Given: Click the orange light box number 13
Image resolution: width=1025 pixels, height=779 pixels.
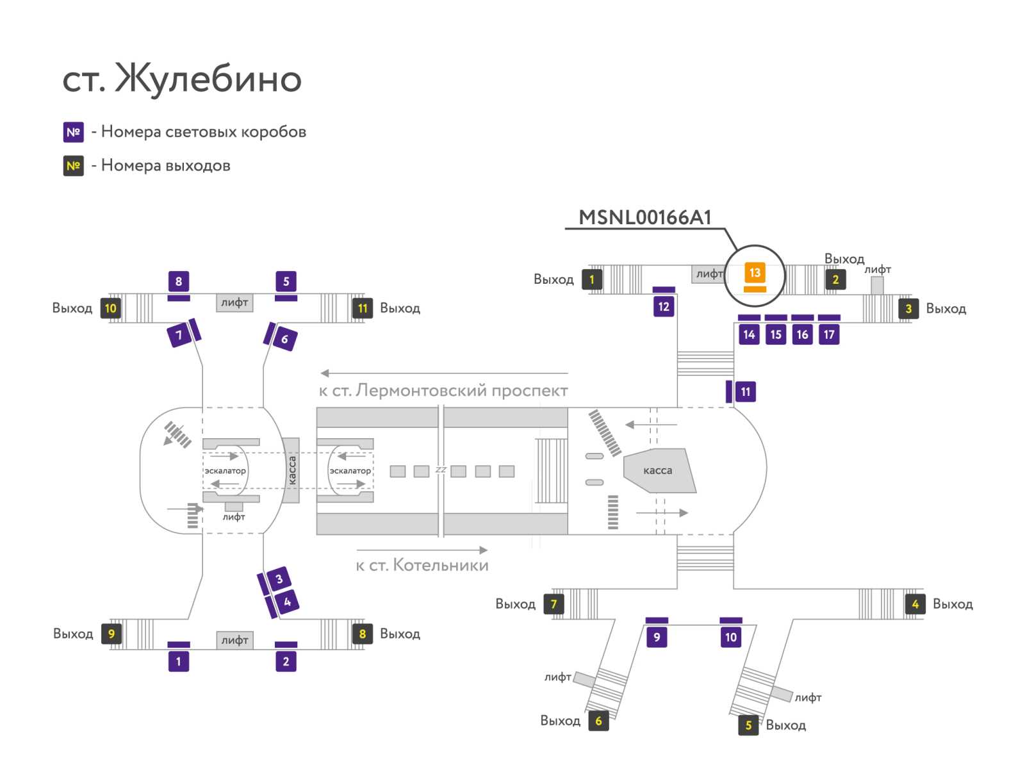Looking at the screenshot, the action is [x=755, y=273].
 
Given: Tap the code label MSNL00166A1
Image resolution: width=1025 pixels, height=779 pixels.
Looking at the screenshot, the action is [x=645, y=218].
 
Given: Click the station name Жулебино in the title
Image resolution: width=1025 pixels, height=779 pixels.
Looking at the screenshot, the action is [x=208, y=78].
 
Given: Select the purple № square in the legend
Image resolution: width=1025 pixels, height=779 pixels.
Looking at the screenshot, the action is [x=73, y=132].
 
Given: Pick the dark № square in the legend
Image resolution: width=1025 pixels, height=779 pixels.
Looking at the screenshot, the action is [x=73, y=166].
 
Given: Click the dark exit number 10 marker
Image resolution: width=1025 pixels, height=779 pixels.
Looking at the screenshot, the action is [x=111, y=309].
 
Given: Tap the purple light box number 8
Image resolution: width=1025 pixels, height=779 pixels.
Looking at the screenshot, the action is [x=178, y=281].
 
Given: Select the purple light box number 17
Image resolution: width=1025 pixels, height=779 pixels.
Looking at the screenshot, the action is [x=829, y=334].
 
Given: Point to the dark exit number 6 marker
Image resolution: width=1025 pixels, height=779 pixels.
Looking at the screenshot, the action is [x=598, y=721].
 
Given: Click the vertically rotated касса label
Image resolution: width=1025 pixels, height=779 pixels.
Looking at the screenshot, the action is [x=292, y=470].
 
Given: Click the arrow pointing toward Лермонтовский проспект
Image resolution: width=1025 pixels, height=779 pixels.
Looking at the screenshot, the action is [x=444, y=373].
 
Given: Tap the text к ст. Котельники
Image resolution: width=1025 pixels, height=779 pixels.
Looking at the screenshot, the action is [x=422, y=565].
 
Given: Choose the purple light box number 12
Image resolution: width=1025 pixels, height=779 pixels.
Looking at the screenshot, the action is [x=664, y=307].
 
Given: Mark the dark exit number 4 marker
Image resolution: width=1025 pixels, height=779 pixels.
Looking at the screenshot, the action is [x=915, y=604].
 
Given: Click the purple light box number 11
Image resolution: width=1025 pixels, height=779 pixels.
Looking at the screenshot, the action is [x=745, y=391].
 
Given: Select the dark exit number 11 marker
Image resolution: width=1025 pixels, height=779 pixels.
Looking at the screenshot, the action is [x=363, y=309].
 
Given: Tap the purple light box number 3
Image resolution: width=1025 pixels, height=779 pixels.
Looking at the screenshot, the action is [x=279, y=578].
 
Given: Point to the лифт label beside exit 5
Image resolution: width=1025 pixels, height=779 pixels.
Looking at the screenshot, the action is [x=808, y=697].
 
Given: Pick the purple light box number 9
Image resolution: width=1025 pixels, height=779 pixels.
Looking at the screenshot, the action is [x=657, y=637].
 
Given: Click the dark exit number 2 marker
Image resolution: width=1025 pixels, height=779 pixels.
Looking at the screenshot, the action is [x=835, y=279].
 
